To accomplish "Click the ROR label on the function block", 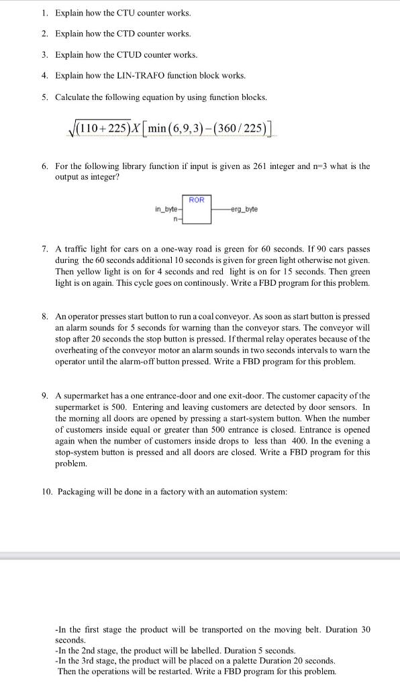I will [x=197, y=200].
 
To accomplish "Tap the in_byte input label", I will [x=166, y=209].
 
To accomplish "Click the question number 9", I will [x=44, y=395].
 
